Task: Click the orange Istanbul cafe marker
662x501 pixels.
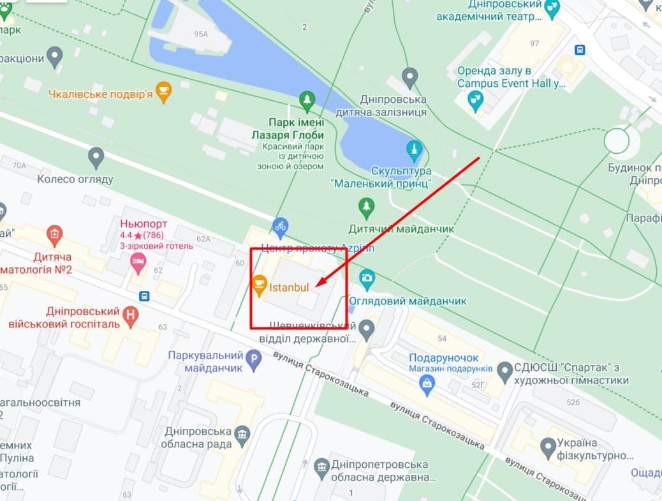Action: click(260, 285)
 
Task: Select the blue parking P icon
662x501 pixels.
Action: click(254, 362)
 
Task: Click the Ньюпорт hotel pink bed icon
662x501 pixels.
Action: click(137, 260)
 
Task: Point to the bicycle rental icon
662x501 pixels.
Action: click(279, 225)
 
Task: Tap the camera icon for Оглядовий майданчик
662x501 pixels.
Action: click(367, 278)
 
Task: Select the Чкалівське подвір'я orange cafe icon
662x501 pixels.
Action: click(164, 92)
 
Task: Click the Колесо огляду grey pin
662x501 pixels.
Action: click(96, 156)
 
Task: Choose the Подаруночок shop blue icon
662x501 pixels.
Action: click(427, 382)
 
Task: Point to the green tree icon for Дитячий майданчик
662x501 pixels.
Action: click(366, 206)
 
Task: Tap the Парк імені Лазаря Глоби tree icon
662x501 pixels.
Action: click(307, 100)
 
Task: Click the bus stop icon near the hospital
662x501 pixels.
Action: click(145, 296)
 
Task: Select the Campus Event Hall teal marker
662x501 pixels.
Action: click(475, 100)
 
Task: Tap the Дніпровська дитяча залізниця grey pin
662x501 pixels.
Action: click(410, 77)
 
